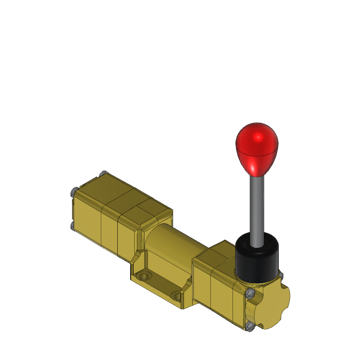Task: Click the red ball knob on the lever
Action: click(257, 147)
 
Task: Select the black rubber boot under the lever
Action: click(257, 260)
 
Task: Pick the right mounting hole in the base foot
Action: click(178, 296)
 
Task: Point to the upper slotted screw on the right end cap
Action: click(250, 294)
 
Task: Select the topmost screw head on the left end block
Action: click(103, 173)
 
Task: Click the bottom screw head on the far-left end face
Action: click(71, 225)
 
